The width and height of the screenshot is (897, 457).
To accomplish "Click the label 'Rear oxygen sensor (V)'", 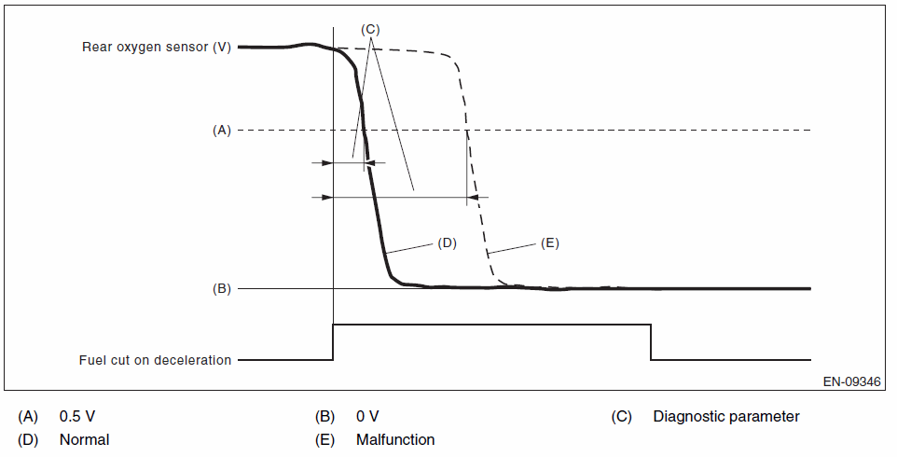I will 158,47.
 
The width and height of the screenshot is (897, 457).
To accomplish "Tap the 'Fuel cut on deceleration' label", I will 156,360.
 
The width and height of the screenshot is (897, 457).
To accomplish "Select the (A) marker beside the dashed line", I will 221,131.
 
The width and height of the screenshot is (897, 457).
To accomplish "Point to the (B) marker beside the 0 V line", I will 221,289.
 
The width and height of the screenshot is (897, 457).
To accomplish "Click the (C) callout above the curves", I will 370,29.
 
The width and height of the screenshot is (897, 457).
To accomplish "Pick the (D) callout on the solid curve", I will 446,242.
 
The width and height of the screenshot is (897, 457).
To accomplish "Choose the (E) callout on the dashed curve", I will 549,242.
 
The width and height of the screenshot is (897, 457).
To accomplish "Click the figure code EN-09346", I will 852,382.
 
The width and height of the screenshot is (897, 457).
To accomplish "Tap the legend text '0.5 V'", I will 76,416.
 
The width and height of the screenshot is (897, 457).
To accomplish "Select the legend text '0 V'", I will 367,416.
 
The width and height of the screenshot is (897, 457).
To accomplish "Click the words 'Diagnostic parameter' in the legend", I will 726,416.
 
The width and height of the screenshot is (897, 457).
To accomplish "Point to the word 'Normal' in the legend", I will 84,439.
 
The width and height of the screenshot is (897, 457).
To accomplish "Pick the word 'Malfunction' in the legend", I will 395,439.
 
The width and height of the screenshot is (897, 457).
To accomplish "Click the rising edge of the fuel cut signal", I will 334,341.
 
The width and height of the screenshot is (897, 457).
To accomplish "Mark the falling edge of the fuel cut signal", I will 651,341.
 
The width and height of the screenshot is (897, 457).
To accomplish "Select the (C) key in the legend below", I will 622,416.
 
